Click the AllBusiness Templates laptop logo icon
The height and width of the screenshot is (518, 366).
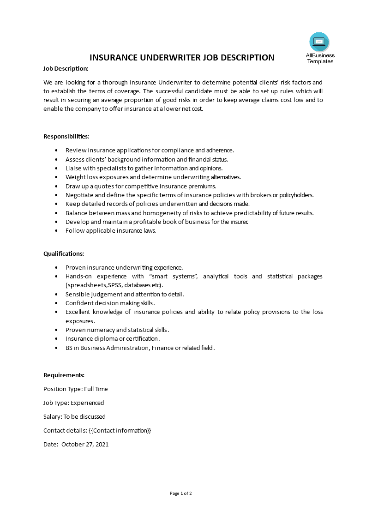(x=319, y=42)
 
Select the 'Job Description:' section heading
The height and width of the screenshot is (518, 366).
(x=66, y=68)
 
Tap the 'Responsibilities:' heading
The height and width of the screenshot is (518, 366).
(x=66, y=136)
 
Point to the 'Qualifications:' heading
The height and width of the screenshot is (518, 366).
(x=64, y=253)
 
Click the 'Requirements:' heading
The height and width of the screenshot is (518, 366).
(x=64, y=375)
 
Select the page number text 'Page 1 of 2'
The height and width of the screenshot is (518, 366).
(x=181, y=493)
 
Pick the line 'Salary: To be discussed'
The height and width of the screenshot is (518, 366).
(x=74, y=416)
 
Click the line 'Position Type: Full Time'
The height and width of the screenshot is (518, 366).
(x=75, y=389)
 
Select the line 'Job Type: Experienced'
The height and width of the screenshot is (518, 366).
(x=73, y=403)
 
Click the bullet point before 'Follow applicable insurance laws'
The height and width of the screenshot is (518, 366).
(x=56, y=231)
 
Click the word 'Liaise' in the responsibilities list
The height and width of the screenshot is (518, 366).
(x=73, y=168)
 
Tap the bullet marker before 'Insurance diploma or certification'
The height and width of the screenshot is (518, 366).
(x=56, y=339)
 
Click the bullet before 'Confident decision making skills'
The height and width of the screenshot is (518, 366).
(x=56, y=303)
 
